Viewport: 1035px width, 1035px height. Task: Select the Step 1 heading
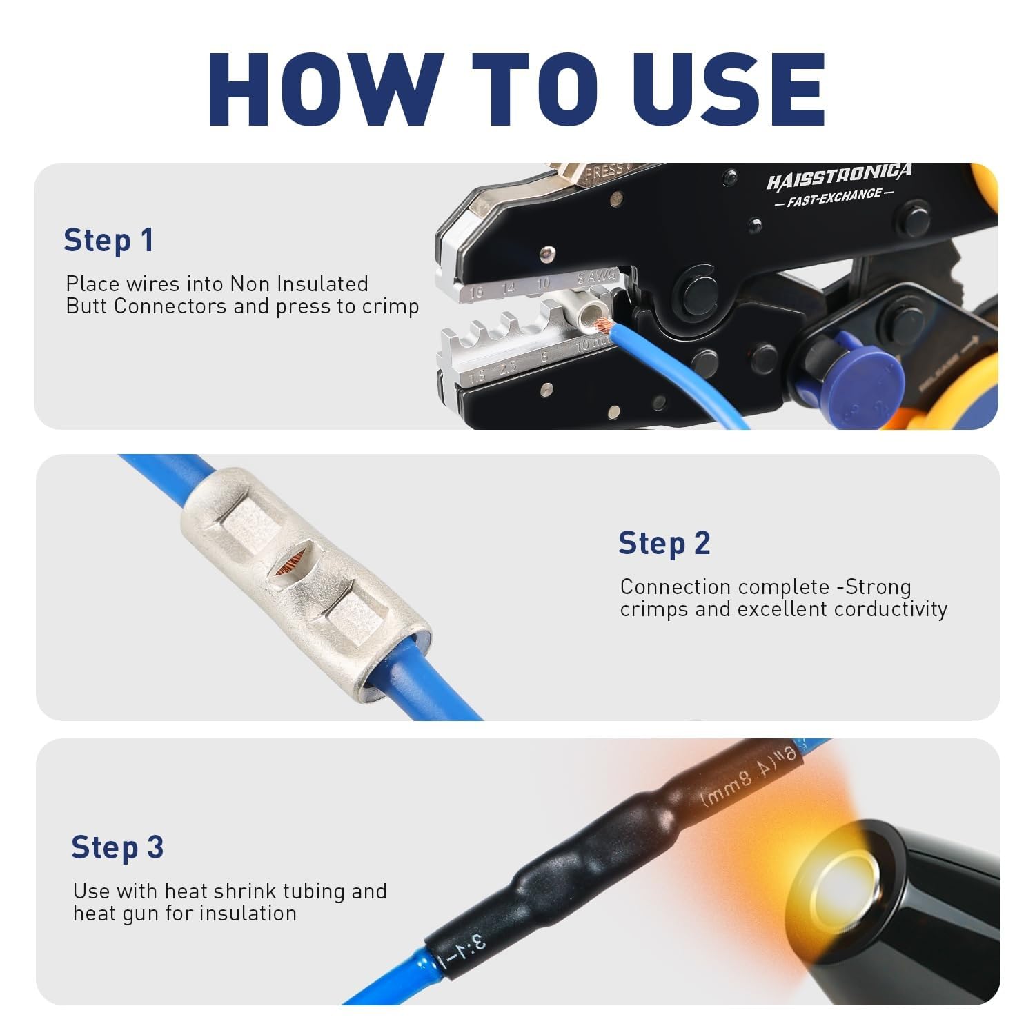108,240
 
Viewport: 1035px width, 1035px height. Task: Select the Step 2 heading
664,543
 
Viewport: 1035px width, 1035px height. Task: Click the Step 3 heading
117,847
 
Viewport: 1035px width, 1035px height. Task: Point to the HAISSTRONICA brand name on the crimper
838,176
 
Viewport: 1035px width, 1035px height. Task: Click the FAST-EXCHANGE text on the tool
834,198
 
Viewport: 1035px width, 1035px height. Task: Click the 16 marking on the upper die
475,293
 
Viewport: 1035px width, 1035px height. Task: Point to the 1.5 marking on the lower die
477,377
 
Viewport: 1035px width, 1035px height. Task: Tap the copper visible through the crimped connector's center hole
290,566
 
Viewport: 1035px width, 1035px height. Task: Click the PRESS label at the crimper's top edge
604,172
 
